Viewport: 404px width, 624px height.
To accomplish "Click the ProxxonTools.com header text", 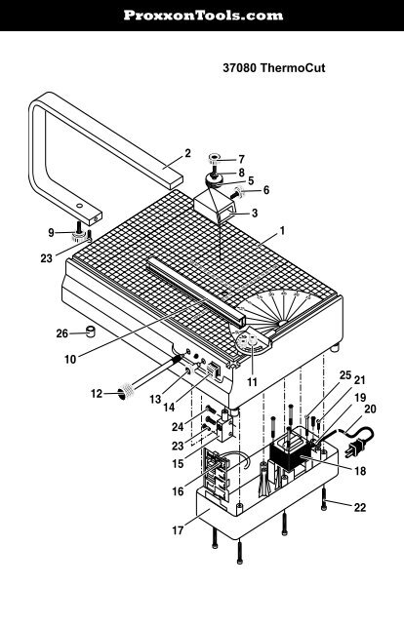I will point(201,16).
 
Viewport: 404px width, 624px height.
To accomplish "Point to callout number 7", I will point(242,158).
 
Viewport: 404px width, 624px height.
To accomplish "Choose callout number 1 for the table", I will point(281,232).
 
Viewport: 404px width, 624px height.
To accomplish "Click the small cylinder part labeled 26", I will point(92,331).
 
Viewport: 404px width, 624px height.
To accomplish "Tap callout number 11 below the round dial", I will point(252,382).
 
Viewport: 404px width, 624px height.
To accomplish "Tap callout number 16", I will point(178,492).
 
